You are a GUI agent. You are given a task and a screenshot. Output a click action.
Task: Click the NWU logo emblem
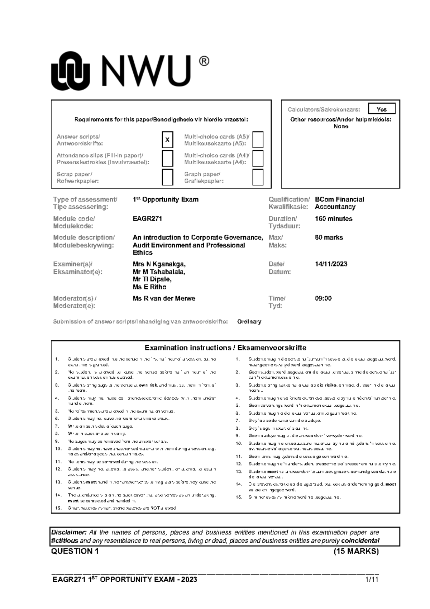coord(70,71)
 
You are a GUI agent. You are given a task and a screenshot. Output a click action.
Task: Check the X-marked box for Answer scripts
coord(167,140)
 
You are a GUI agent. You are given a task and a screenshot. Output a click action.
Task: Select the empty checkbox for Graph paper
coord(258,177)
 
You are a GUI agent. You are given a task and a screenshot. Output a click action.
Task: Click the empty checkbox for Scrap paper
coord(167,177)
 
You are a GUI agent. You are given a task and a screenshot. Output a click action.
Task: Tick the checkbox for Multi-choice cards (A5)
coord(258,140)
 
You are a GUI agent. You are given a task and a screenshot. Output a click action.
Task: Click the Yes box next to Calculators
coord(382,109)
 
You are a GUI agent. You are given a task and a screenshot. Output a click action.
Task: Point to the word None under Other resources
coord(341,126)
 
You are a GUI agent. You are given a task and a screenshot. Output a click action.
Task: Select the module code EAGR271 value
coord(147,218)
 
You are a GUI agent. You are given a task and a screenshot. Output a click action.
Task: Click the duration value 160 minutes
coord(333,218)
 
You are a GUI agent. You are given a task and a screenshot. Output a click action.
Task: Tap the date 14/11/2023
coord(331,264)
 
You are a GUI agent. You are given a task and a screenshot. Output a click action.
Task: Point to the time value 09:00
coord(323,298)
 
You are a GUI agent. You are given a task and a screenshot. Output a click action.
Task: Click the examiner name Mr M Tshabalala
coord(159,272)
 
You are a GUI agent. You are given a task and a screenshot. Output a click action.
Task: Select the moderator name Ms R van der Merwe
coord(164,298)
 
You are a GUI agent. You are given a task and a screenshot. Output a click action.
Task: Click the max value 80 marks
coord(329,237)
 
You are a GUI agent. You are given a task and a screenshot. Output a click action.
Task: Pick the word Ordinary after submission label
coord(249,322)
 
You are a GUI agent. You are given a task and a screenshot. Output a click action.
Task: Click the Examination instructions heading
coord(225,348)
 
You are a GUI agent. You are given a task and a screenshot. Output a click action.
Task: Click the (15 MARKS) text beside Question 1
coord(356,551)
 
